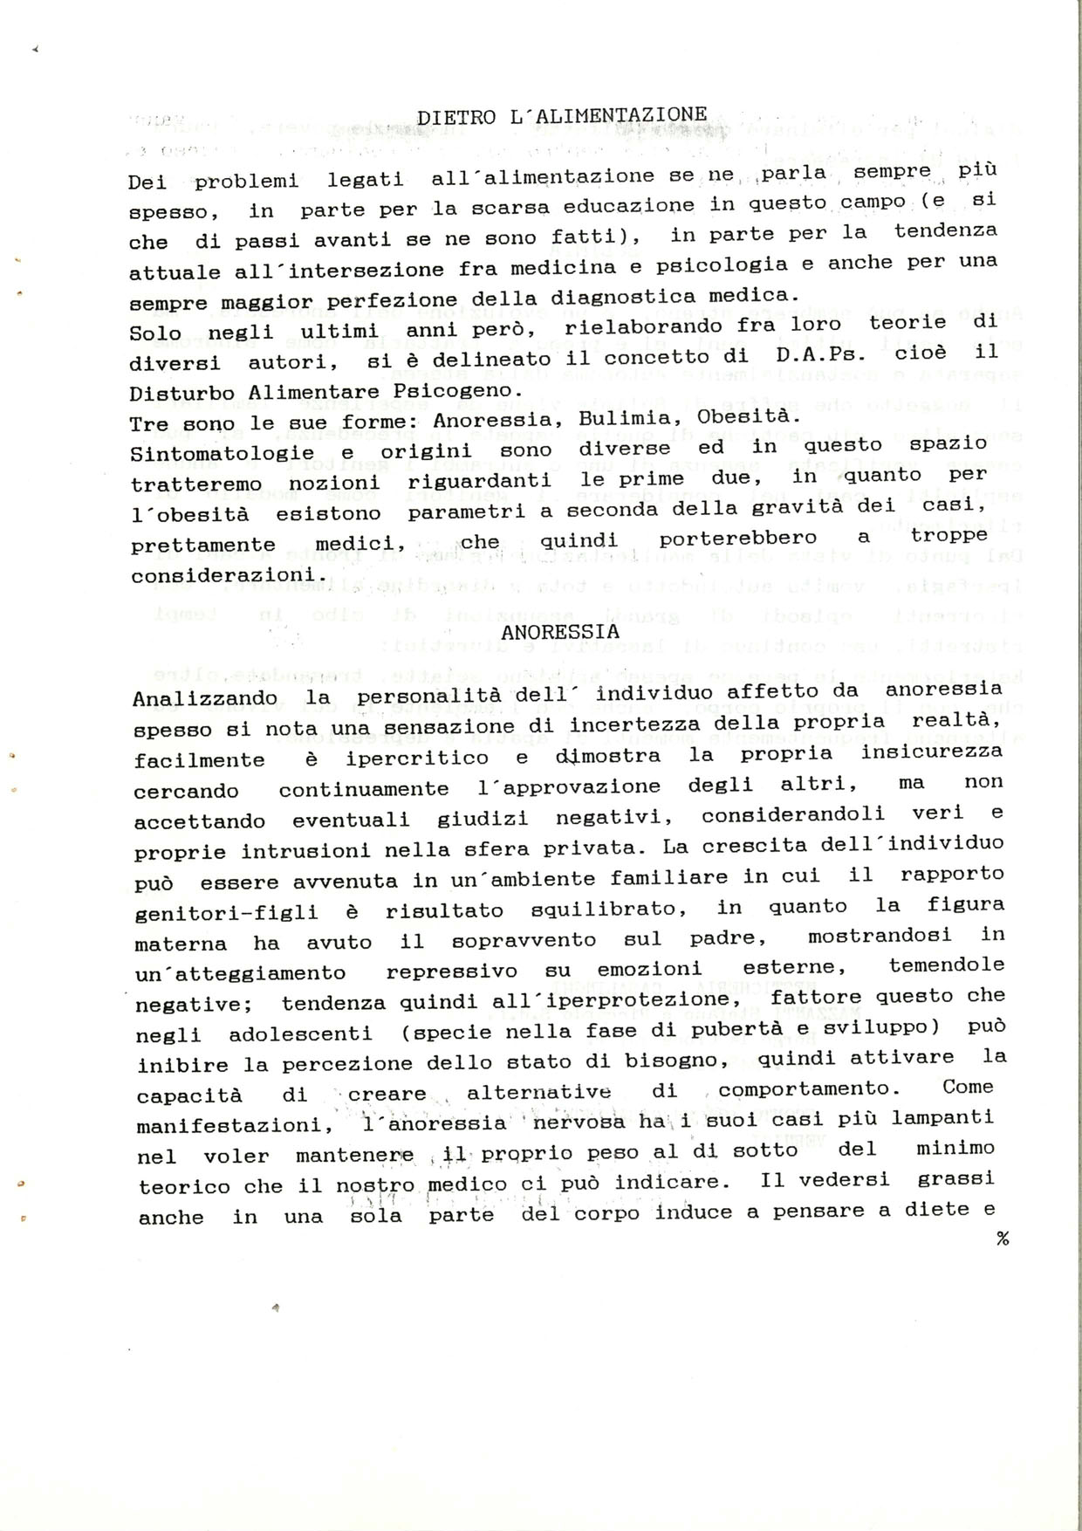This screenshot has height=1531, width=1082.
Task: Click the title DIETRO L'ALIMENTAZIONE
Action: (x=562, y=115)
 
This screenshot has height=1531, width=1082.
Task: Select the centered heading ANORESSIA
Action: (x=561, y=631)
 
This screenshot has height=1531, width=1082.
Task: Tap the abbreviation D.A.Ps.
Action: (x=825, y=356)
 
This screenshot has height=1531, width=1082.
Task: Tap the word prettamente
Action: (x=203, y=546)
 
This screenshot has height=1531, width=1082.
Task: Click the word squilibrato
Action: (x=604, y=909)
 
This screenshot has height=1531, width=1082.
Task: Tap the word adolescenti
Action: (x=300, y=1034)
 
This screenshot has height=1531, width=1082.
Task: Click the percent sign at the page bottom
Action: (x=1002, y=1239)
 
